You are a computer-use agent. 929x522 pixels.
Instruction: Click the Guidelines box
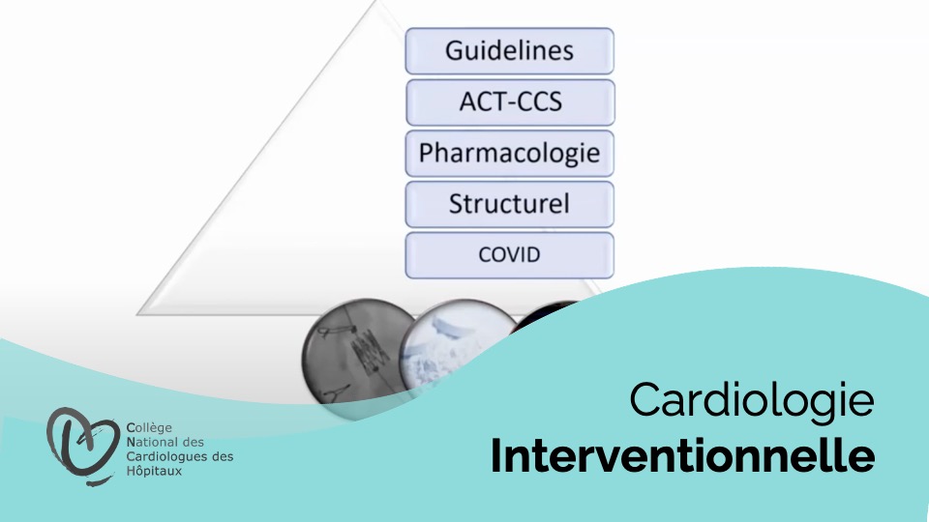(x=510, y=51)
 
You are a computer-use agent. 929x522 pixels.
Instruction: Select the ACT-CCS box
(x=510, y=102)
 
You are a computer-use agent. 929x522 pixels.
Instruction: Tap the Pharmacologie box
(x=510, y=154)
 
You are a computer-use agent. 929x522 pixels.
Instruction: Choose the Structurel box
(x=510, y=204)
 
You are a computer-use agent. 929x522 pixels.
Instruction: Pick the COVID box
(x=510, y=255)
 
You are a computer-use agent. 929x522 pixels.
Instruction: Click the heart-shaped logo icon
(x=82, y=445)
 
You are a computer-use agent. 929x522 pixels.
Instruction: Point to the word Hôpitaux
(x=154, y=471)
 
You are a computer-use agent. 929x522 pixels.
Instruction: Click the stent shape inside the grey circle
(x=368, y=352)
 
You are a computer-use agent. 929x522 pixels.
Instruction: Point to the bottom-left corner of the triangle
(x=137, y=314)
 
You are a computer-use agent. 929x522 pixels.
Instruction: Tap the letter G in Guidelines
(x=455, y=51)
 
